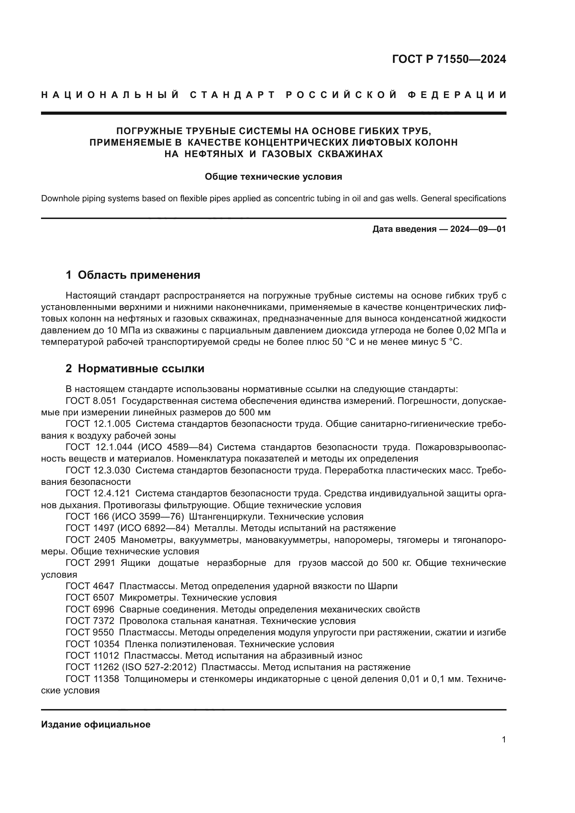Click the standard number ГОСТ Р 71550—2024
point(448,59)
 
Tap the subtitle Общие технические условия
point(273,177)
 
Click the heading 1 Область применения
point(133,275)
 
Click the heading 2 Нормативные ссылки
point(135,368)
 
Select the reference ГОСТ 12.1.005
point(98,424)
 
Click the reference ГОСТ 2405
point(91,540)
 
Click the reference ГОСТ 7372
point(90,621)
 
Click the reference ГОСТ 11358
point(92,679)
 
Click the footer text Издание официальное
point(96,724)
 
